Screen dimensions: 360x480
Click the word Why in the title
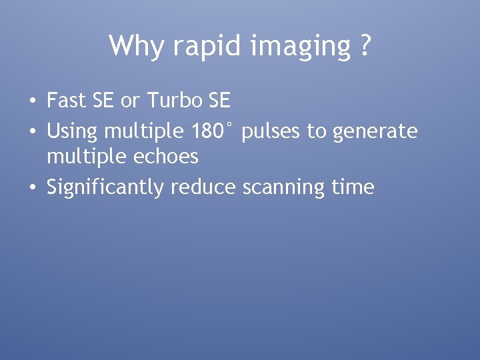(x=135, y=46)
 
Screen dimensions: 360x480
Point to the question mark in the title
(x=364, y=46)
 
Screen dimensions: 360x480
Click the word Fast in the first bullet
(x=66, y=101)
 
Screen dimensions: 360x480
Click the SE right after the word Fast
(x=103, y=101)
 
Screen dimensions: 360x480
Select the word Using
(x=72, y=131)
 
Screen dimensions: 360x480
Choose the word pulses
(x=271, y=132)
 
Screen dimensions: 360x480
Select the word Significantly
(x=105, y=188)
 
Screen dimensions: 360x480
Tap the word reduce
(x=203, y=187)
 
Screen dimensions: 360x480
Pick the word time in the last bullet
(x=353, y=187)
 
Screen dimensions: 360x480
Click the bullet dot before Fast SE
(x=32, y=102)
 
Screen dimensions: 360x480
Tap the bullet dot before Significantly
(x=32, y=188)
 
